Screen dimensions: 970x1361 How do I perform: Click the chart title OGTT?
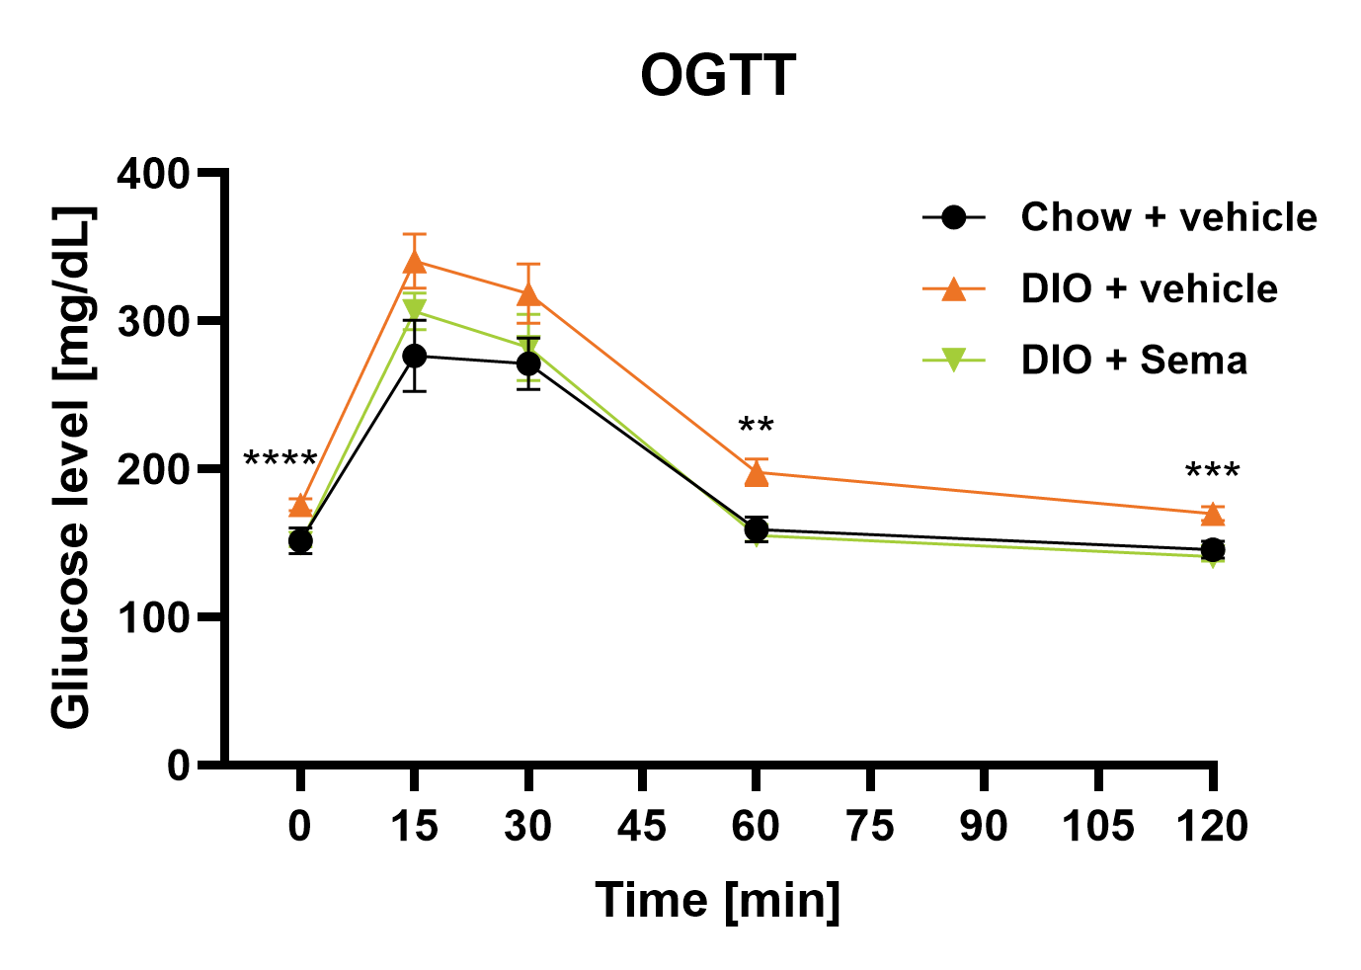pos(718,76)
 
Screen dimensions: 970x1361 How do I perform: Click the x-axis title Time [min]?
pos(718,900)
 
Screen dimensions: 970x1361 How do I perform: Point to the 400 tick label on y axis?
pos(153,174)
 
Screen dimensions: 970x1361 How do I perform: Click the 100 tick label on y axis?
pos(153,617)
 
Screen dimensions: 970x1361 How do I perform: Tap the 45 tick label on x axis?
pos(642,826)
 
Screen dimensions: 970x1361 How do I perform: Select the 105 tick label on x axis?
pos(1097,826)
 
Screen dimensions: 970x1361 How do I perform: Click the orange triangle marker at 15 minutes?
pos(415,262)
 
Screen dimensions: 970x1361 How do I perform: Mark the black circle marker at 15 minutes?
pos(415,356)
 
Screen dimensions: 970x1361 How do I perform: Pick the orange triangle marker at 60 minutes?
pos(756,473)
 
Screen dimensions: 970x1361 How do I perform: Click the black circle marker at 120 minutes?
pos(1213,549)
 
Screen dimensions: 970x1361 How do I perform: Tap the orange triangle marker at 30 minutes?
pos(528,294)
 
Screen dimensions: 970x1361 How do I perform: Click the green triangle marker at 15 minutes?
pos(415,308)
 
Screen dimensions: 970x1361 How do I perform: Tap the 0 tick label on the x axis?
pos(300,826)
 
